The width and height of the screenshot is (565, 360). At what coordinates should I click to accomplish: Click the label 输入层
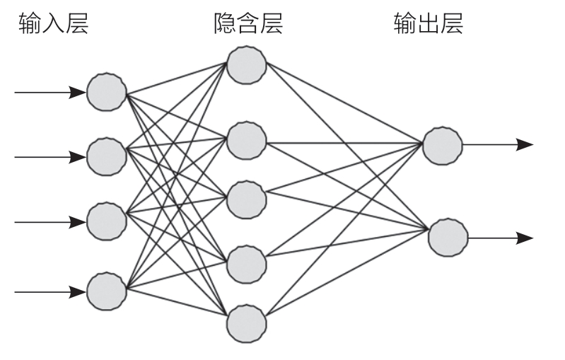[x=53, y=26]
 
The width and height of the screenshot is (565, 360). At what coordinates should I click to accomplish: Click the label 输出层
[x=428, y=26]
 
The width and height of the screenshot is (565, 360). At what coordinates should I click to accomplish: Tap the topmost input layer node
[x=107, y=92]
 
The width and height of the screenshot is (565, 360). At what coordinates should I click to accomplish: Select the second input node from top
[x=107, y=157]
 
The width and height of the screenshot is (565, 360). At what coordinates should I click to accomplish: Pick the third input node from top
[x=107, y=221]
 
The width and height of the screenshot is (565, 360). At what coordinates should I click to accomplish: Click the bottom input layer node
[x=107, y=290]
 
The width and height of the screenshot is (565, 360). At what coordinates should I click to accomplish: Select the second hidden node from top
[x=247, y=140]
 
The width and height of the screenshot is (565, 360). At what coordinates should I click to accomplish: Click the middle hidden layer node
[x=247, y=199]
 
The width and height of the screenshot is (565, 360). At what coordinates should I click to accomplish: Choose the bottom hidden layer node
[x=247, y=324]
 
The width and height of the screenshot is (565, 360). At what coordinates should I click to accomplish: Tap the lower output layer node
[x=448, y=238]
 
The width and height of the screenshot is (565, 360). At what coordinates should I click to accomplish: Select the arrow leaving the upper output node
[x=498, y=145]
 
